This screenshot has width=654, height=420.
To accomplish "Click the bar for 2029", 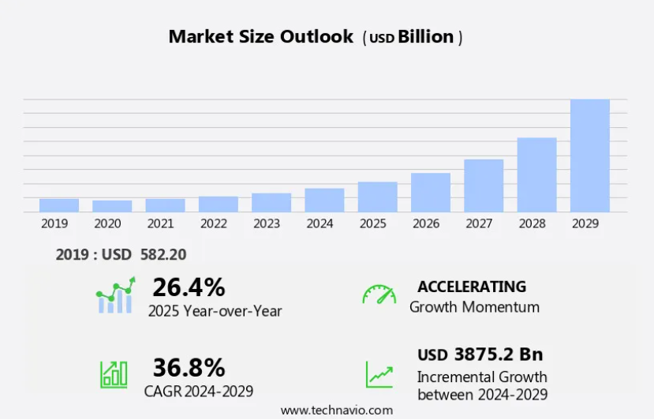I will coord(590,156).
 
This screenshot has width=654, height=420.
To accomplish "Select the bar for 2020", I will coord(112,206).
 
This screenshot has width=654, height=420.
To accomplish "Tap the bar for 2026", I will coord(431,192).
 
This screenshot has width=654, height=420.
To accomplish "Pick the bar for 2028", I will coord(536,174).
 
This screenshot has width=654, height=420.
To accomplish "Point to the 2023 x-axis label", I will coord(267,223).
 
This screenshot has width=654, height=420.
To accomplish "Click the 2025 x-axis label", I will coord(372,223).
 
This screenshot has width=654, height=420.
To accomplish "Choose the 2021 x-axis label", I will coord(160,223).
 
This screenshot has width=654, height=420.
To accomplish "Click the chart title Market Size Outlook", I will coord(261,36).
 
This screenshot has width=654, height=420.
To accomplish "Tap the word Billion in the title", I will coord(426,36).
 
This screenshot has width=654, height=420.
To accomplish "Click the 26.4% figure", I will coord(189,287).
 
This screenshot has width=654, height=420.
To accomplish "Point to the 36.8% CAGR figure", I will coord(189,367).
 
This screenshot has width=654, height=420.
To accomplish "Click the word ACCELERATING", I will coord(472,286).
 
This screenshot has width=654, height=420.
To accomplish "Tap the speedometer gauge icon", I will coord(379,294).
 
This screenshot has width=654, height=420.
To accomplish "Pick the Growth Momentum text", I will coord(474,307).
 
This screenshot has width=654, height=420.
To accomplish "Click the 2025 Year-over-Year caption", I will coord(215,311).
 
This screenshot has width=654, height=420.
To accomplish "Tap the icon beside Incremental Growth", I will coord(379,374).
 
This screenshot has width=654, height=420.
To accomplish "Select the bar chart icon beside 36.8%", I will coord(114,374).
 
